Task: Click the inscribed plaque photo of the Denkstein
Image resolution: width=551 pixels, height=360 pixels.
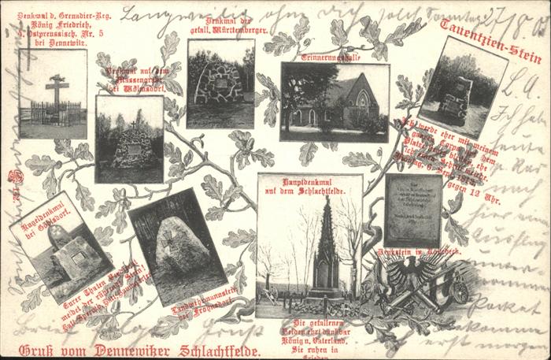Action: (412, 210)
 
